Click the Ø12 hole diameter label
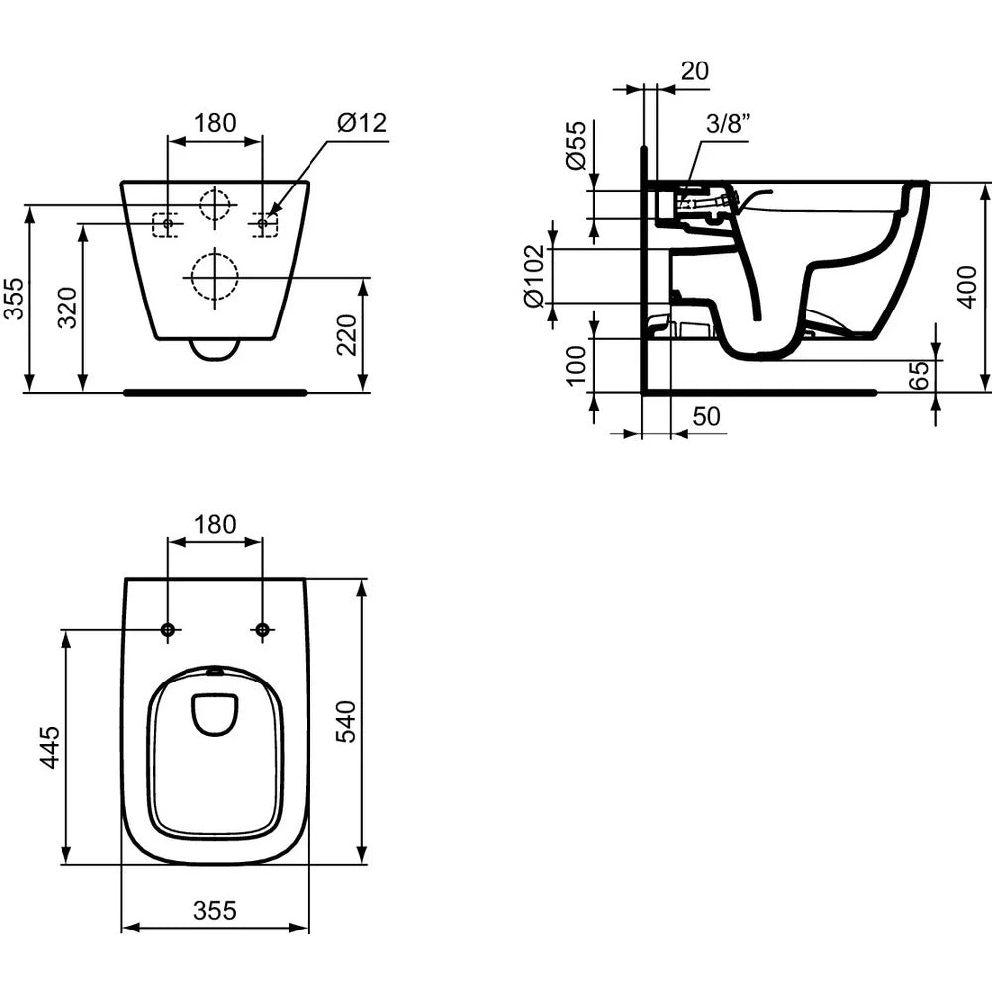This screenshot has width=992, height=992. [361, 123]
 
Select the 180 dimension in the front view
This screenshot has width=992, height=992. [215, 123]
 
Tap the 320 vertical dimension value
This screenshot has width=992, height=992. [66, 308]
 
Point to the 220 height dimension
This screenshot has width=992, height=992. [347, 334]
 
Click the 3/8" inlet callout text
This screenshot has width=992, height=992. [728, 123]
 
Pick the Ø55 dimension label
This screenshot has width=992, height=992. [575, 147]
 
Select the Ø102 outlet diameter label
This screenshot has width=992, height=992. [533, 275]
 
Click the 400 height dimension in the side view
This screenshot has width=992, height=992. [968, 287]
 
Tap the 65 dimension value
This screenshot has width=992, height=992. [919, 374]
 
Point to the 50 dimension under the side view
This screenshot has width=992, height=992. [706, 417]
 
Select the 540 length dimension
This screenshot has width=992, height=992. [346, 721]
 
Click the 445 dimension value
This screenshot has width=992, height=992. [50, 747]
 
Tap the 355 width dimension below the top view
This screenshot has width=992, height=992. [215, 911]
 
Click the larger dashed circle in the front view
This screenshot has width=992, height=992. [214, 277]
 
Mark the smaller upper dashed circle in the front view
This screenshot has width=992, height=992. [214, 203]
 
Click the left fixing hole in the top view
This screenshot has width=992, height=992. [168, 630]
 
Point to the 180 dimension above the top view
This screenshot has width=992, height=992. [215, 524]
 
